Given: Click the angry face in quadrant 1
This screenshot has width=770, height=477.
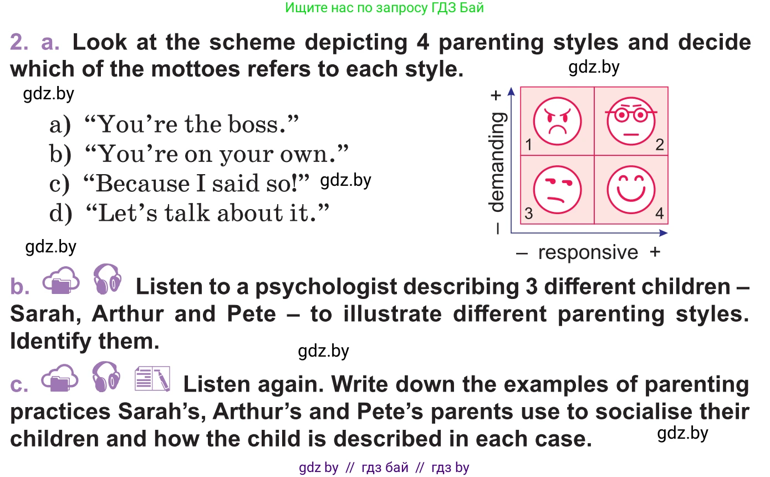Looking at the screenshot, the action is (x=557, y=121).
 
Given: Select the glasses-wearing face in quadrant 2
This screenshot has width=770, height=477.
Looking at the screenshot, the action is (x=631, y=121).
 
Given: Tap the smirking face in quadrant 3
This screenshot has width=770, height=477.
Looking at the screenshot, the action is (x=557, y=190).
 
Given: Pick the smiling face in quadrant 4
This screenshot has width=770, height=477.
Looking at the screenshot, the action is (x=631, y=190).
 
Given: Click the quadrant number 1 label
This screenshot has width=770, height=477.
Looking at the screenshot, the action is (x=529, y=145).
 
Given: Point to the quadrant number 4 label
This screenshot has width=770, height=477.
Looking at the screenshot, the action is (x=659, y=213).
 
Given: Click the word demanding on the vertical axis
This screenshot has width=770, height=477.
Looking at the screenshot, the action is (x=497, y=161).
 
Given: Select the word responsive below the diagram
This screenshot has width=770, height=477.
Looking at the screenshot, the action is (x=588, y=252).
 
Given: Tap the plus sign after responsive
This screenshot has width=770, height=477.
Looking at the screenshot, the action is (x=655, y=252).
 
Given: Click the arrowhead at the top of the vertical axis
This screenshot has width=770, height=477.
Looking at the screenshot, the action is (x=511, y=91).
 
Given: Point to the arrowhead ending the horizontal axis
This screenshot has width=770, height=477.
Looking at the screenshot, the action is (x=664, y=233).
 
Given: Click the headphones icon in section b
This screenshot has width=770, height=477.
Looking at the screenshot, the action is (x=107, y=279).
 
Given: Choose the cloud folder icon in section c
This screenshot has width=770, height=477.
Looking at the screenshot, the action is (x=60, y=378).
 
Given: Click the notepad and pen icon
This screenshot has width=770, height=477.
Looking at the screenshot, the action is (x=152, y=379).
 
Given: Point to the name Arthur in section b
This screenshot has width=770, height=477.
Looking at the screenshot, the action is (x=128, y=314).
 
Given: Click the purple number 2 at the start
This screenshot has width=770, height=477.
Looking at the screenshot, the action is (x=19, y=42).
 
